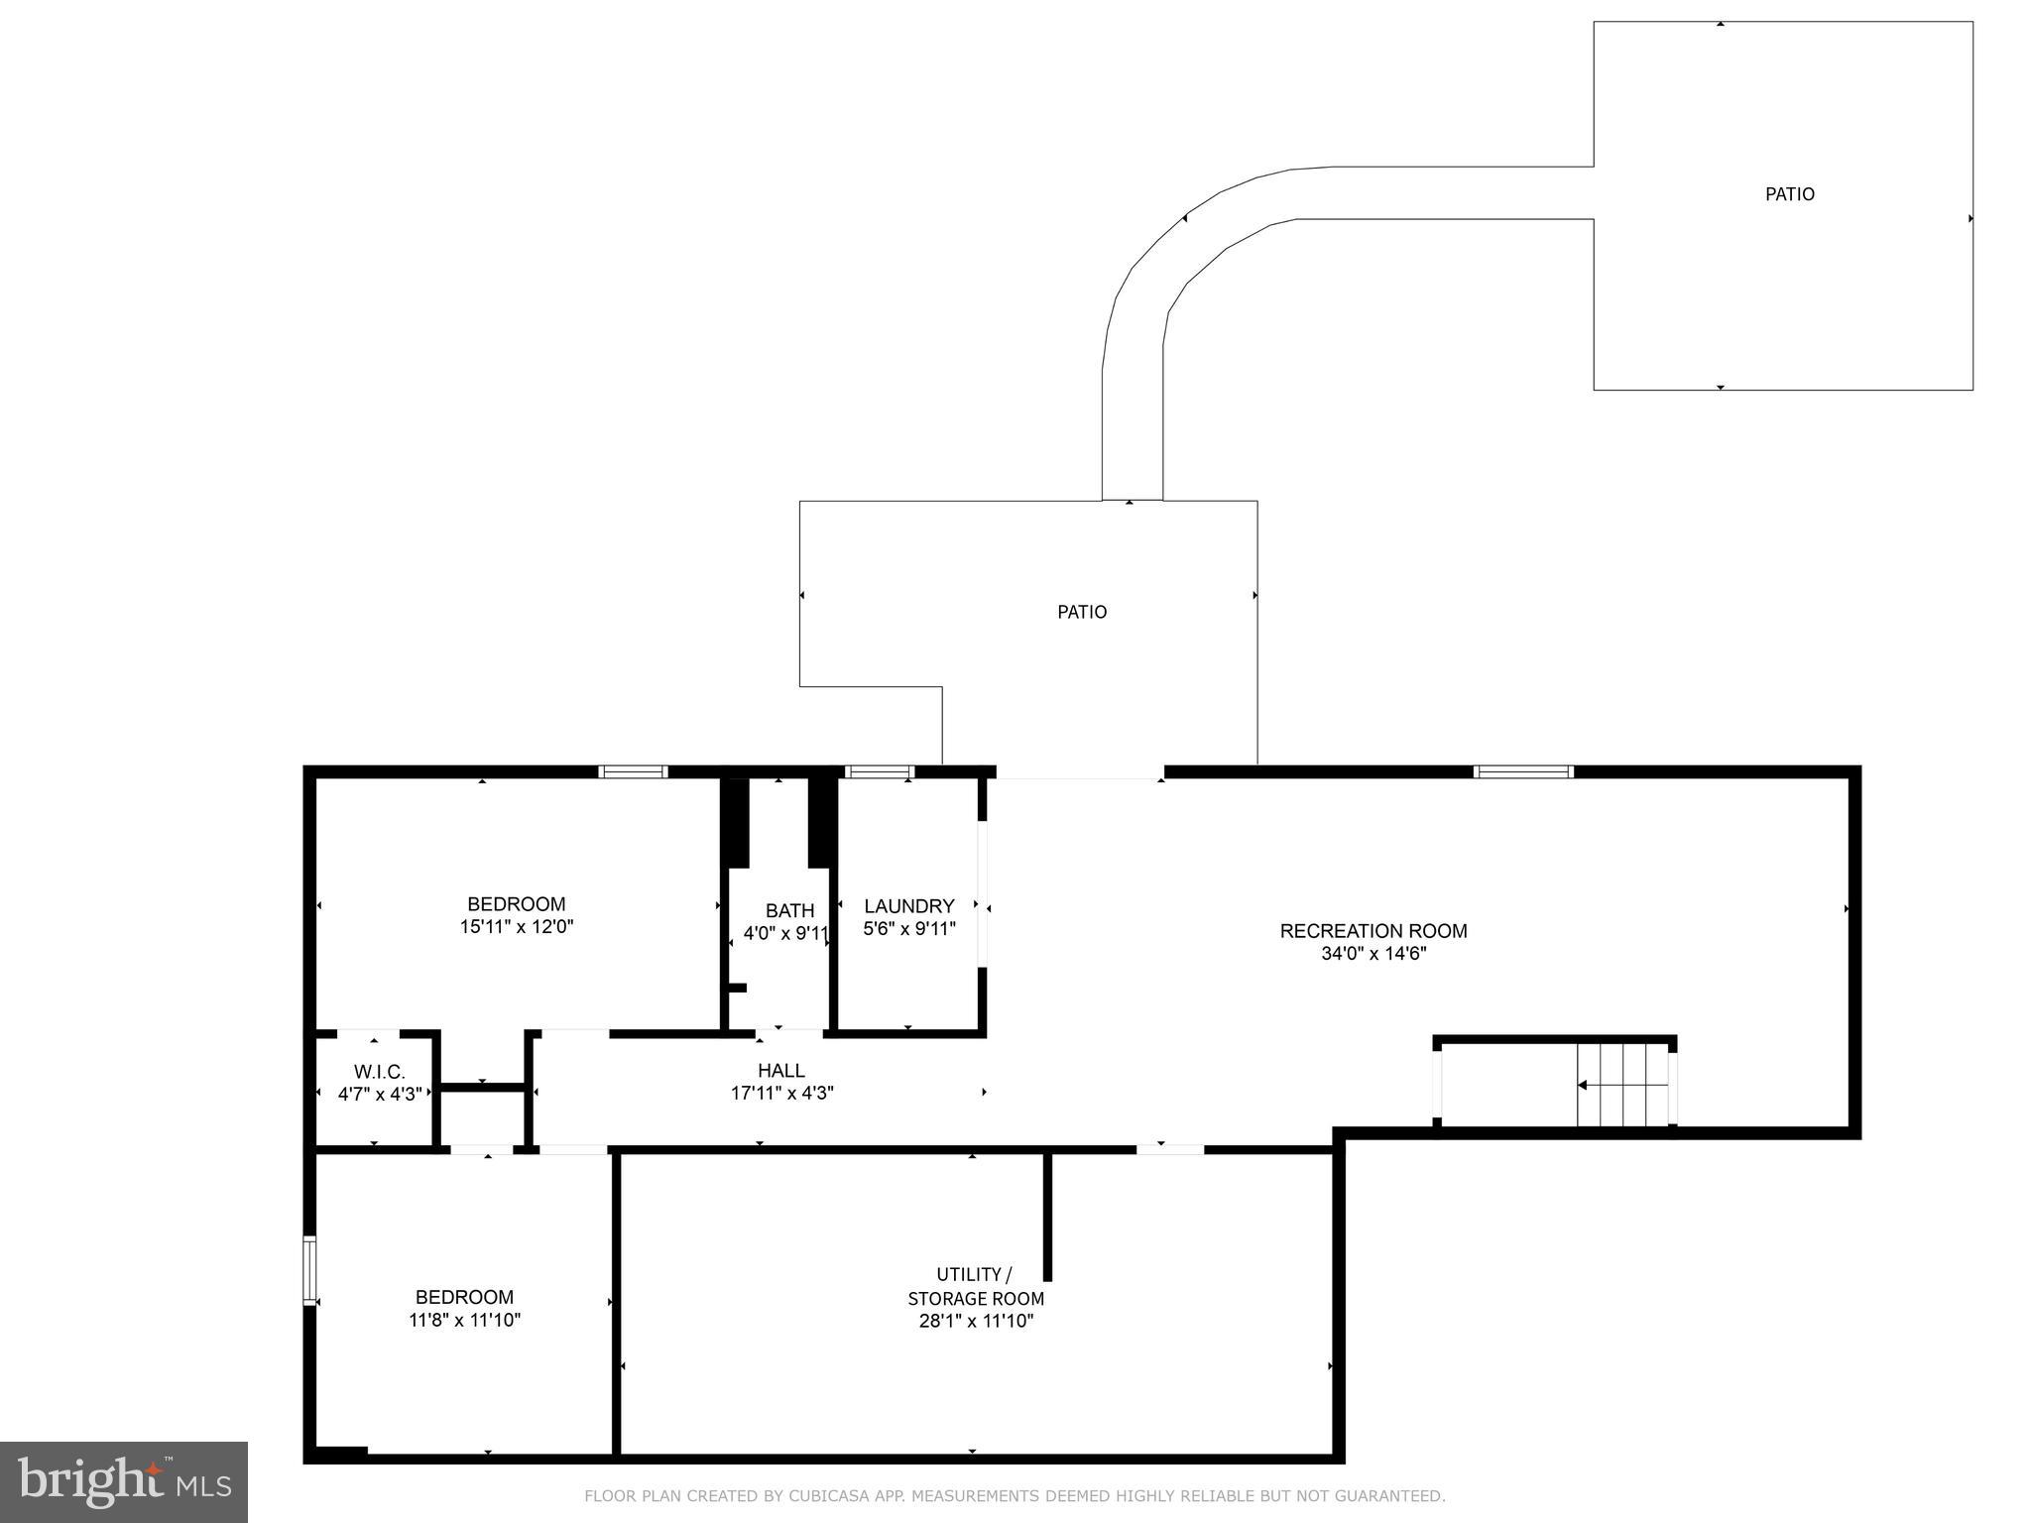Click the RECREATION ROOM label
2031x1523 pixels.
tap(1373, 930)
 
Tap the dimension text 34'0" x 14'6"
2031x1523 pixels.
tap(1373, 954)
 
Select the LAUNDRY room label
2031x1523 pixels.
tap(908, 905)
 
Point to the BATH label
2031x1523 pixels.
tap(789, 910)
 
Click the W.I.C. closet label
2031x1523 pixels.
tap(379, 1072)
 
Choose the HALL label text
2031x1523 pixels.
tap(781, 1070)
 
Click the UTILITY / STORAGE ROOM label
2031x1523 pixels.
tap(976, 1286)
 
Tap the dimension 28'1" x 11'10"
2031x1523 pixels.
tap(976, 1321)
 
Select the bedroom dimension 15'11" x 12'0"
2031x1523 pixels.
tap(516, 927)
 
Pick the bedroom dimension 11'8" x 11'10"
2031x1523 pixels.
tap(464, 1320)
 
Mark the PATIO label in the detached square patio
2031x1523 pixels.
tap(1789, 194)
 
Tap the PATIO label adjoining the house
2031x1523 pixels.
tap(1081, 612)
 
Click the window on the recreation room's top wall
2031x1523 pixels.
tap(1522, 771)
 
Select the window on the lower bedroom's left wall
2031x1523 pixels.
tap(309, 1270)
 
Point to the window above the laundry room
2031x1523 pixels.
tap(879, 771)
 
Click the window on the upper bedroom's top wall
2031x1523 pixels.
tap(633, 771)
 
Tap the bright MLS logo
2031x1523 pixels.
tap(123, 1481)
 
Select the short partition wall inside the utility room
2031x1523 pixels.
tap(1047, 1216)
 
